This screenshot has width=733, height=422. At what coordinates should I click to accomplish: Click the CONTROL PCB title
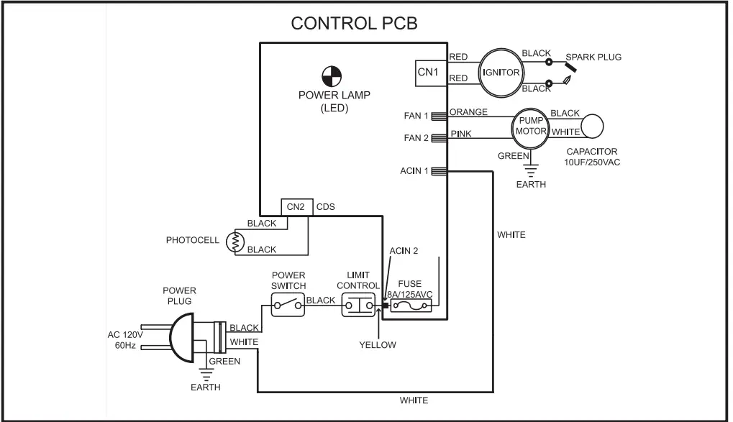click(x=354, y=24)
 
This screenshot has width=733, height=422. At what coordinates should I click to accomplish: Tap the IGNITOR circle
click(x=501, y=72)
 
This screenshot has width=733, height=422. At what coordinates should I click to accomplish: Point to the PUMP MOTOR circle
click(x=531, y=127)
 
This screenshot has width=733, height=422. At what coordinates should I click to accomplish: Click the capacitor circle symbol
click(x=593, y=127)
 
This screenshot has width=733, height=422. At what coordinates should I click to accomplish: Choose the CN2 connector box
click(x=296, y=207)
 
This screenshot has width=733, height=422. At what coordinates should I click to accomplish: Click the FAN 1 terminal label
click(x=416, y=116)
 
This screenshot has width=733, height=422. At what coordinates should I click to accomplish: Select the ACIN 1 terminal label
click(x=414, y=171)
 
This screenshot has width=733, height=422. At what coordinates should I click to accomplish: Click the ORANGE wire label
click(x=468, y=112)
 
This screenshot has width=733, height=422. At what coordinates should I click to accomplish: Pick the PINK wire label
click(x=461, y=134)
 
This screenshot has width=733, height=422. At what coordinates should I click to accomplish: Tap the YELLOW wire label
click(x=378, y=345)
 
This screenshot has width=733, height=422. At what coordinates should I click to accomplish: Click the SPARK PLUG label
click(x=593, y=57)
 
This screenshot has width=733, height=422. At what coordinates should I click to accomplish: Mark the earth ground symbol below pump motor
click(x=530, y=170)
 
